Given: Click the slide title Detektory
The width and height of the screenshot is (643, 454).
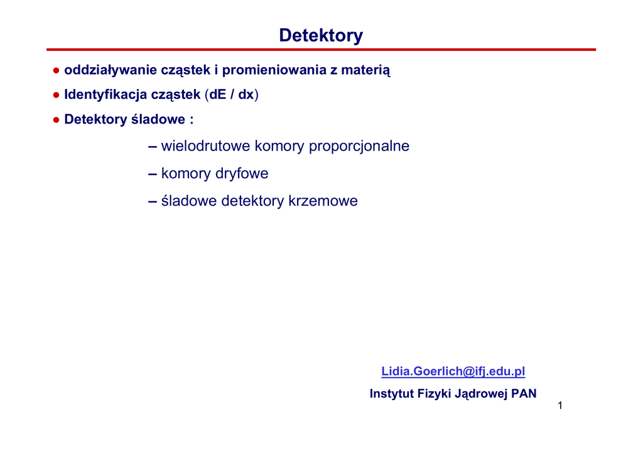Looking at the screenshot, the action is tap(321, 36).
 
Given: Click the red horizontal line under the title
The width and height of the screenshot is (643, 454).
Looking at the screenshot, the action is tap(321, 50).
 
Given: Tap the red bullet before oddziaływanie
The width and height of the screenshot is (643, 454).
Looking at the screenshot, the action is tap(56, 71).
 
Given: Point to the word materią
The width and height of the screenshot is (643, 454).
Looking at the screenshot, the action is tap(366, 70).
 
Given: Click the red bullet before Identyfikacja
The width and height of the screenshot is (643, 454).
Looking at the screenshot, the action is tap(56, 95).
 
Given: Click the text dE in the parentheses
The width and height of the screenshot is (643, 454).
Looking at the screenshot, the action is tap(218, 95).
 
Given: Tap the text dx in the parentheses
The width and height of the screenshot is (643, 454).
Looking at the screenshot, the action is tap(246, 95).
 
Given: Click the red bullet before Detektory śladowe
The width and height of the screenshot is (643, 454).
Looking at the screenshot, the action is tap(56, 120).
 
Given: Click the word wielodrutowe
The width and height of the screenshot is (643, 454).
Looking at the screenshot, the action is tap(205, 145).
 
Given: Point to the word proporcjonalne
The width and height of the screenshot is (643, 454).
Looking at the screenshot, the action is tap(359, 146).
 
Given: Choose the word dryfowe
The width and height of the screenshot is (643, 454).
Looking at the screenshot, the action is tap(242, 173).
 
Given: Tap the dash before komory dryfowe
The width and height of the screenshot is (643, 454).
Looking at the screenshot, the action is tap(153, 174).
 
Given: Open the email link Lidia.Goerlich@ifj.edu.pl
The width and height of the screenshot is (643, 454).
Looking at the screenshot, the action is tap(453, 371).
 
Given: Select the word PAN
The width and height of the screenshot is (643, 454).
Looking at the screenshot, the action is tap(524, 393).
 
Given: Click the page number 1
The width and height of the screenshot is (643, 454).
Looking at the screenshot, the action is tap(560, 406).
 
